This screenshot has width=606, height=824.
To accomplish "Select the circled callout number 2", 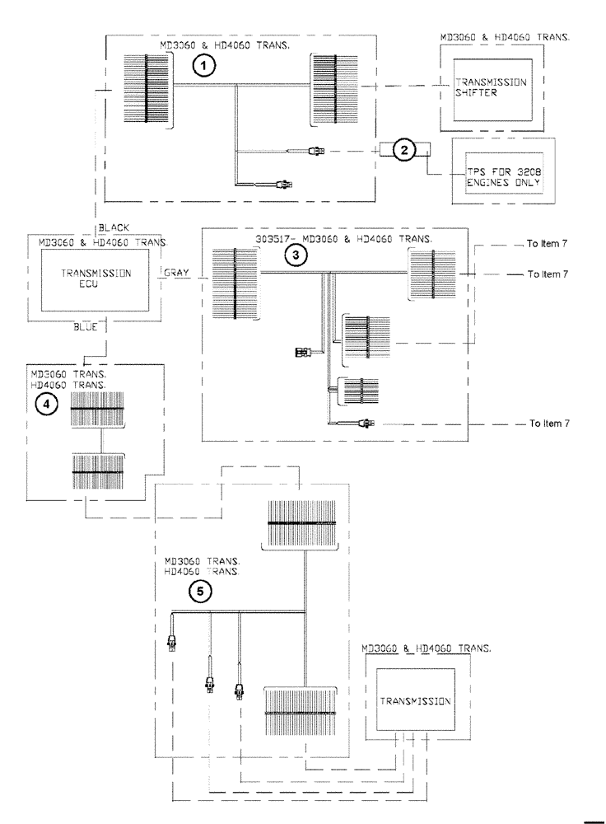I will pos(403,149).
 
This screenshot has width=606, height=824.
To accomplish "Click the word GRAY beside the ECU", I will pos(178,271).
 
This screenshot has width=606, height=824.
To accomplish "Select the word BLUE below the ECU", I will pos(86,327).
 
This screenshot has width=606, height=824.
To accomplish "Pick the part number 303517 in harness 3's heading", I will pos(273,240).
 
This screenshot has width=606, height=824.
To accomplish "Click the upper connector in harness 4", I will pos(98,410).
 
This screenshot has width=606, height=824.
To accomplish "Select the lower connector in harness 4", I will pos(98,471).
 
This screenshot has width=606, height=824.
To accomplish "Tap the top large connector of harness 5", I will pos(304,524).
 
